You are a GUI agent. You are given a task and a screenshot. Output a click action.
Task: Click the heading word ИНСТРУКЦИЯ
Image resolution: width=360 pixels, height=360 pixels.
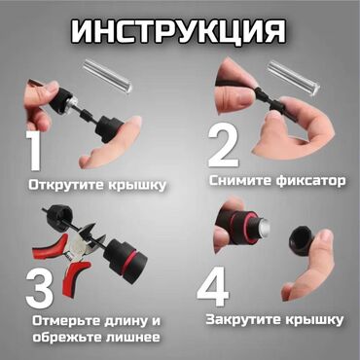click(x=178, y=31)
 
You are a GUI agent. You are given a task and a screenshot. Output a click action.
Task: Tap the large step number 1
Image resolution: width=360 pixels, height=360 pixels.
click(x=34, y=151)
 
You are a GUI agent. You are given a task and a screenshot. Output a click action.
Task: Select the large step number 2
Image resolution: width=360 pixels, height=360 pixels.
click(x=224, y=147)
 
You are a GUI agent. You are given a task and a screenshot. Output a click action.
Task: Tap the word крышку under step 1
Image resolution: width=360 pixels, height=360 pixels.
click(x=137, y=185)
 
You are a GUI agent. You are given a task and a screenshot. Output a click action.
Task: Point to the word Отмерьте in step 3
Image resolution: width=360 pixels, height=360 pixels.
click(x=66, y=321)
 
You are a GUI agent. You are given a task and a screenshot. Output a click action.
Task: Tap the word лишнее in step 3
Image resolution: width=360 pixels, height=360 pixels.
click(x=132, y=338)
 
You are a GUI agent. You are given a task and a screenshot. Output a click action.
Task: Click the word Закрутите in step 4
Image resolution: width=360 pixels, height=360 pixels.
click(x=244, y=320)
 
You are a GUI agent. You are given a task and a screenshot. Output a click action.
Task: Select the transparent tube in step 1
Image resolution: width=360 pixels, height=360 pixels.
click(x=108, y=76)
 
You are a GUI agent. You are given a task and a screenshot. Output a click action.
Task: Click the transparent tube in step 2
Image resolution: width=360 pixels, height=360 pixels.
click(x=294, y=79)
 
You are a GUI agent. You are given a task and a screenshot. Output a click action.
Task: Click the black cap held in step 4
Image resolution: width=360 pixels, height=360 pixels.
click(x=302, y=240)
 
